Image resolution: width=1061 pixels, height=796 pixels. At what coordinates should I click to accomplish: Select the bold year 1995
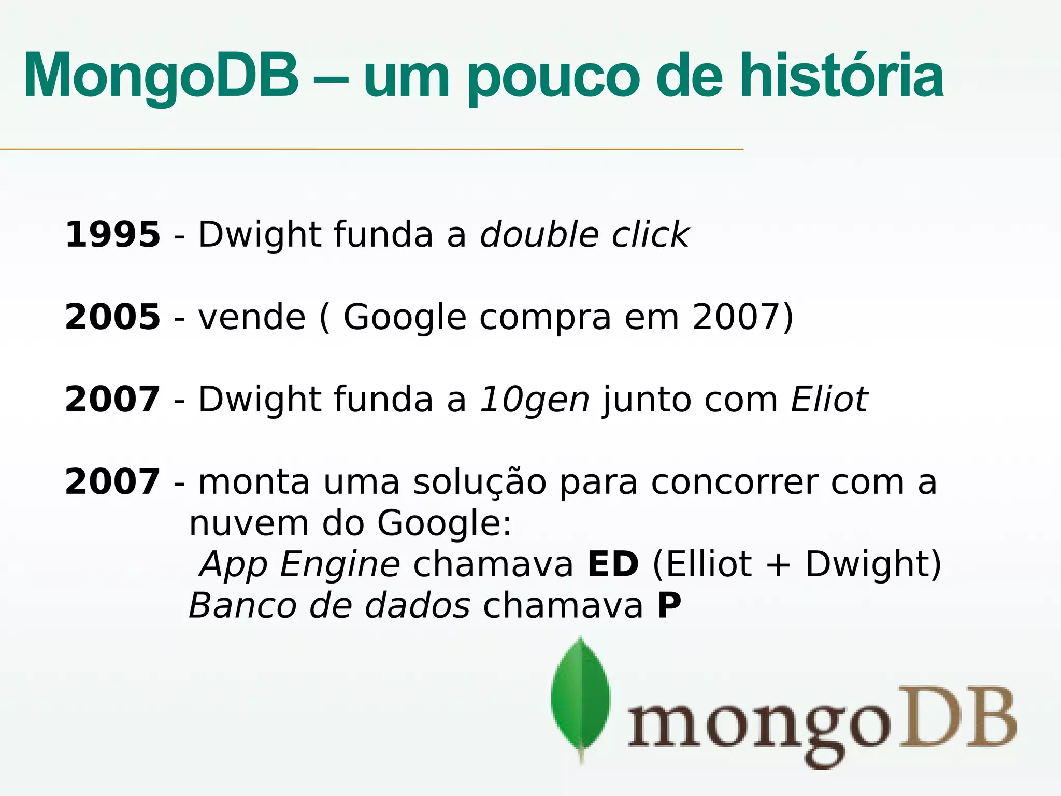pyautogui.click(x=112, y=235)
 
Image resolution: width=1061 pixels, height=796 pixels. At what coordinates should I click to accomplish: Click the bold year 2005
pyautogui.click(x=112, y=317)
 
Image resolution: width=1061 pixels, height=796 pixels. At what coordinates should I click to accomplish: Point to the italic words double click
pyautogui.click(x=584, y=235)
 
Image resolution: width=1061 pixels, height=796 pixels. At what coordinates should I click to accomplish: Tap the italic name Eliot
pyautogui.click(x=829, y=400)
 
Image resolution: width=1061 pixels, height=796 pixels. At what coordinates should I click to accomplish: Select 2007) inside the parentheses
pyautogui.click(x=742, y=317)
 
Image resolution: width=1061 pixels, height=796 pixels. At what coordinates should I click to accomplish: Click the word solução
pyautogui.click(x=479, y=482)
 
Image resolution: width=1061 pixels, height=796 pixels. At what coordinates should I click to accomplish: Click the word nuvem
pyautogui.click(x=249, y=523)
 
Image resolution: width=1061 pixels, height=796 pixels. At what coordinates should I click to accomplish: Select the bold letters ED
pyautogui.click(x=613, y=564)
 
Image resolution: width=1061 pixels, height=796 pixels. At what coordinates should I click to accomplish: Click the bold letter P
pyautogui.click(x=669, y=605)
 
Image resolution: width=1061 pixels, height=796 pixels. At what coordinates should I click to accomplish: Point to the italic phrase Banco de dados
pyautogui.click(x=329, y=605)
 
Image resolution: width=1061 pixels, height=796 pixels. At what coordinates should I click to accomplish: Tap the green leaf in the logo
pyautogui.click(x=581, y=697)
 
